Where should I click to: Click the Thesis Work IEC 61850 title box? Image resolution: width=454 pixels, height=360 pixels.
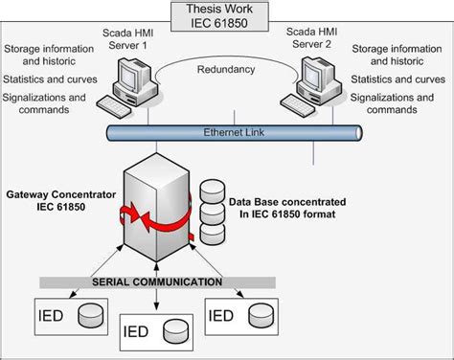click(228, 16)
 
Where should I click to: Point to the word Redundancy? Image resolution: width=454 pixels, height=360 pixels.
click(226, 71)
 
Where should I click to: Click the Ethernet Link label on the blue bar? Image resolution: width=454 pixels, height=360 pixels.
click(231, 131)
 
